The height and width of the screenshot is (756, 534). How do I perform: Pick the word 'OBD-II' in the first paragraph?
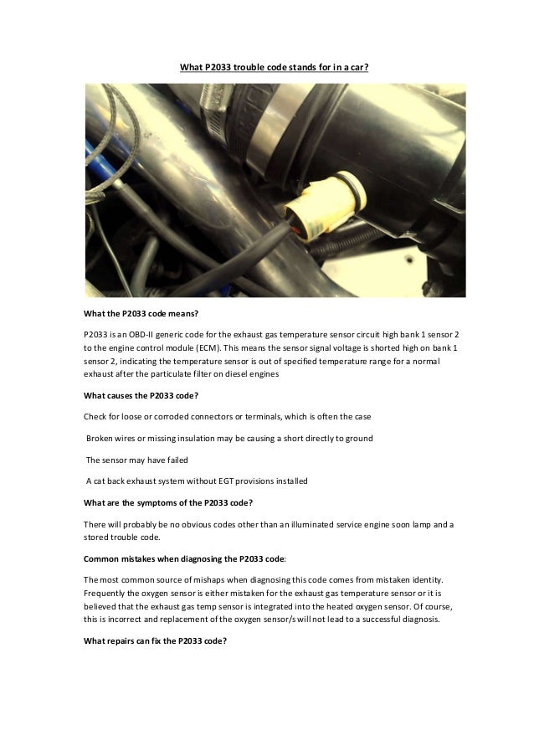(142, 333)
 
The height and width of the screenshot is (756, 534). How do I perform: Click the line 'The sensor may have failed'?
(138, 460)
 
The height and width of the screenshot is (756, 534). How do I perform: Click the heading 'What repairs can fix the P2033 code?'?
(156, 640)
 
